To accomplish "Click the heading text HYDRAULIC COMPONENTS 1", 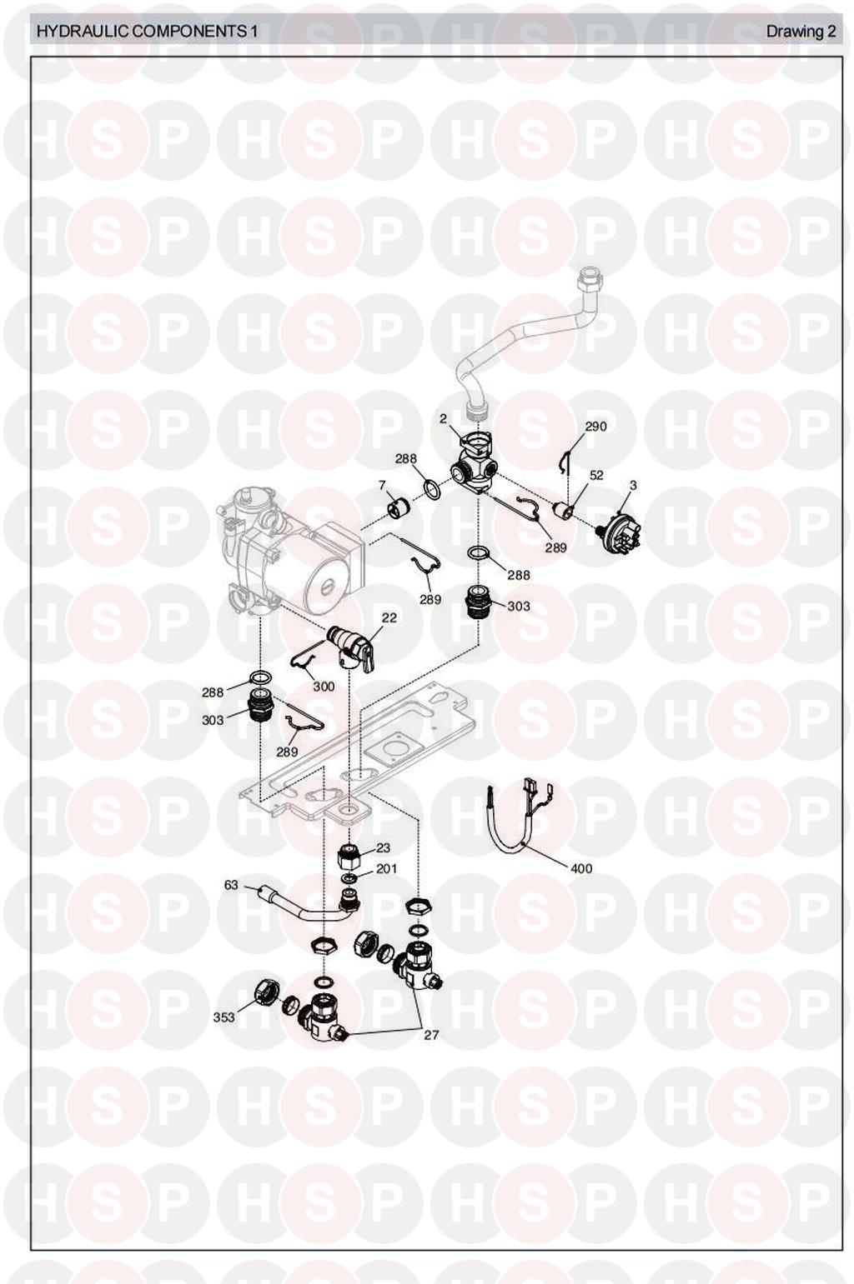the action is coord(147,31).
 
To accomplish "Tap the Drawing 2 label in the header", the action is coord(801,31).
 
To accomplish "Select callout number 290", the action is coord(595,427).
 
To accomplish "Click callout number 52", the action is coord(596,475).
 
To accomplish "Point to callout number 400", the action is coord(580,868).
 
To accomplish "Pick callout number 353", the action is coord(224,1017).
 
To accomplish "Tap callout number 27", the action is coord(431,1035).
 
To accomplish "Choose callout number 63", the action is coord(231,885).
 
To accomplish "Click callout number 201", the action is coord(386,869).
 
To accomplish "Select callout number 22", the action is coord(389,618).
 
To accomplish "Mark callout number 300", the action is coord(324,686).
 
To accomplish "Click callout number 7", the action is coord(382,485).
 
